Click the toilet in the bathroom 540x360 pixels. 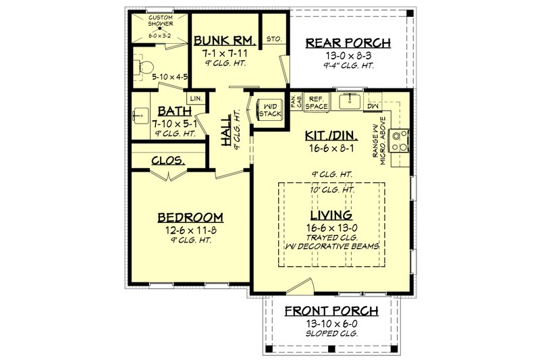[x=142, y=66]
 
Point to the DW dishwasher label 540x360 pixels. [x=371, y=106]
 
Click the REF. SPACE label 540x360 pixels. [x=315, y=103]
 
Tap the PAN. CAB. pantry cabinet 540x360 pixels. [x=296, y=102]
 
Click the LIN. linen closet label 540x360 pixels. [x=196, y=99]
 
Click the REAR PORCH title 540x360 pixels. [x=348, y=43]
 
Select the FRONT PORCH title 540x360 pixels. [x=330, y=311]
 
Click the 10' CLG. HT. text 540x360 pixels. [x=331, y=190]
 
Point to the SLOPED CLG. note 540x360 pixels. [x=331, y=334]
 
